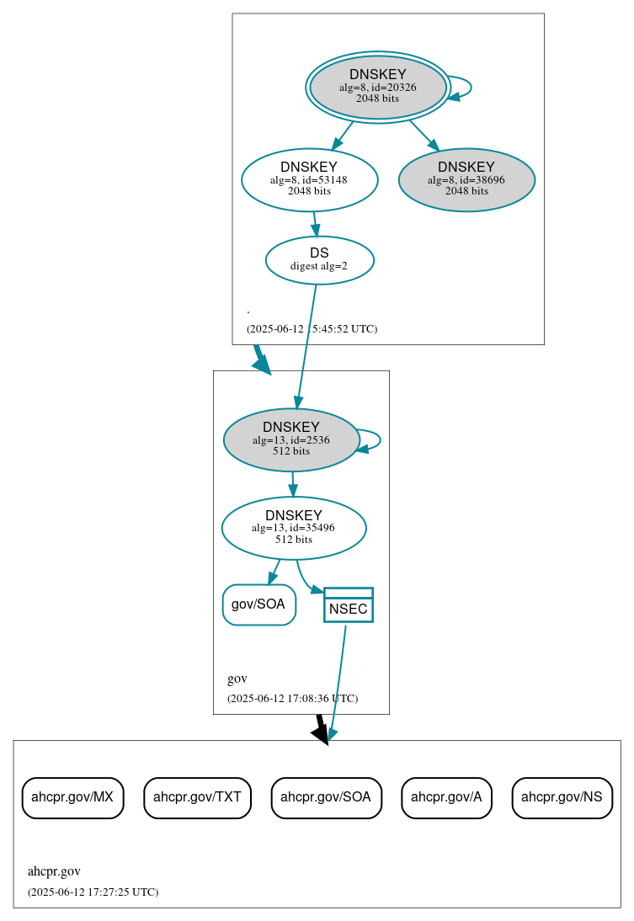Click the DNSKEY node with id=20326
click(378, 87)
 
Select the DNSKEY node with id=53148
click(309, 178)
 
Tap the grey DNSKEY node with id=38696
click(466, 179)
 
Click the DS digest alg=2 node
click(319, 259)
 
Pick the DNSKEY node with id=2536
click(291, 439)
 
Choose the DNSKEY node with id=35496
click(294, 528)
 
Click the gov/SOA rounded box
click(258, 604)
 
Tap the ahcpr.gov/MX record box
click(72, 797)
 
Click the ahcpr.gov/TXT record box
click(197, 797)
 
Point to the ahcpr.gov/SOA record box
click(326, 797)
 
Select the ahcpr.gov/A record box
click(446, 797)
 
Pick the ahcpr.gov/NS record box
click(562, 797)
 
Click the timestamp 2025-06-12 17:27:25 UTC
click(93, 892)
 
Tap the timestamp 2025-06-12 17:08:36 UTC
click(292, 698)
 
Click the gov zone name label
click(237, 679)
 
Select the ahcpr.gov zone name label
click(54, 871)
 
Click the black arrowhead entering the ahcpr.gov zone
click(321, 734)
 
